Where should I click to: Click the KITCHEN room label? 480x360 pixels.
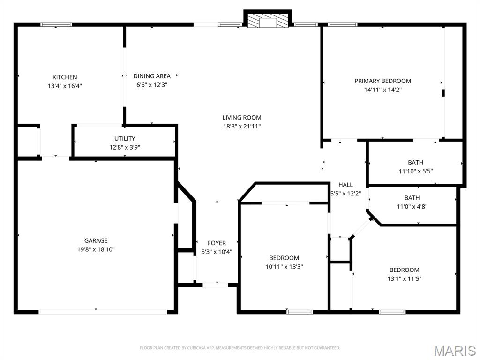click(65, 77)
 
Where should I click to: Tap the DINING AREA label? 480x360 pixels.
click(152, 76)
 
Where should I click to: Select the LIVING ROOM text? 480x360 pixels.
click(242, 117)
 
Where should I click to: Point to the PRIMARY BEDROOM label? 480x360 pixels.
click(382, 81)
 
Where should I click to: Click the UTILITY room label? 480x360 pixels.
click(125, 138)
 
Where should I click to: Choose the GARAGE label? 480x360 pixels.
click(96, 240)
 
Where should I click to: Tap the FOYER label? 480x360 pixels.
click(217, 243)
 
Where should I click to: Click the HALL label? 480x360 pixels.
click(345, 185)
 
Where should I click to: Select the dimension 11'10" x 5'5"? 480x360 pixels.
click(416, 171)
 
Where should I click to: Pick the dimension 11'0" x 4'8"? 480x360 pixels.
click(412, 207)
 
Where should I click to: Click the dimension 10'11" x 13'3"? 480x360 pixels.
click(284, 267)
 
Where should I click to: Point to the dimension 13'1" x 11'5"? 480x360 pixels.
click(405, 278)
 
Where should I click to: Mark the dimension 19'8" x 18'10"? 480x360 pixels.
click(96, 249)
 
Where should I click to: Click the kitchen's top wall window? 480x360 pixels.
click(56, 24)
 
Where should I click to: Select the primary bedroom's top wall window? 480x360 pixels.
click(343, 24)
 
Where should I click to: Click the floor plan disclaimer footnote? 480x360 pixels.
click(240, 348)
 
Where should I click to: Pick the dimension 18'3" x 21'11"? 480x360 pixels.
click(242, 126)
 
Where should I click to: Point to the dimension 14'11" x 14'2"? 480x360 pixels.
click(382, 90)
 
